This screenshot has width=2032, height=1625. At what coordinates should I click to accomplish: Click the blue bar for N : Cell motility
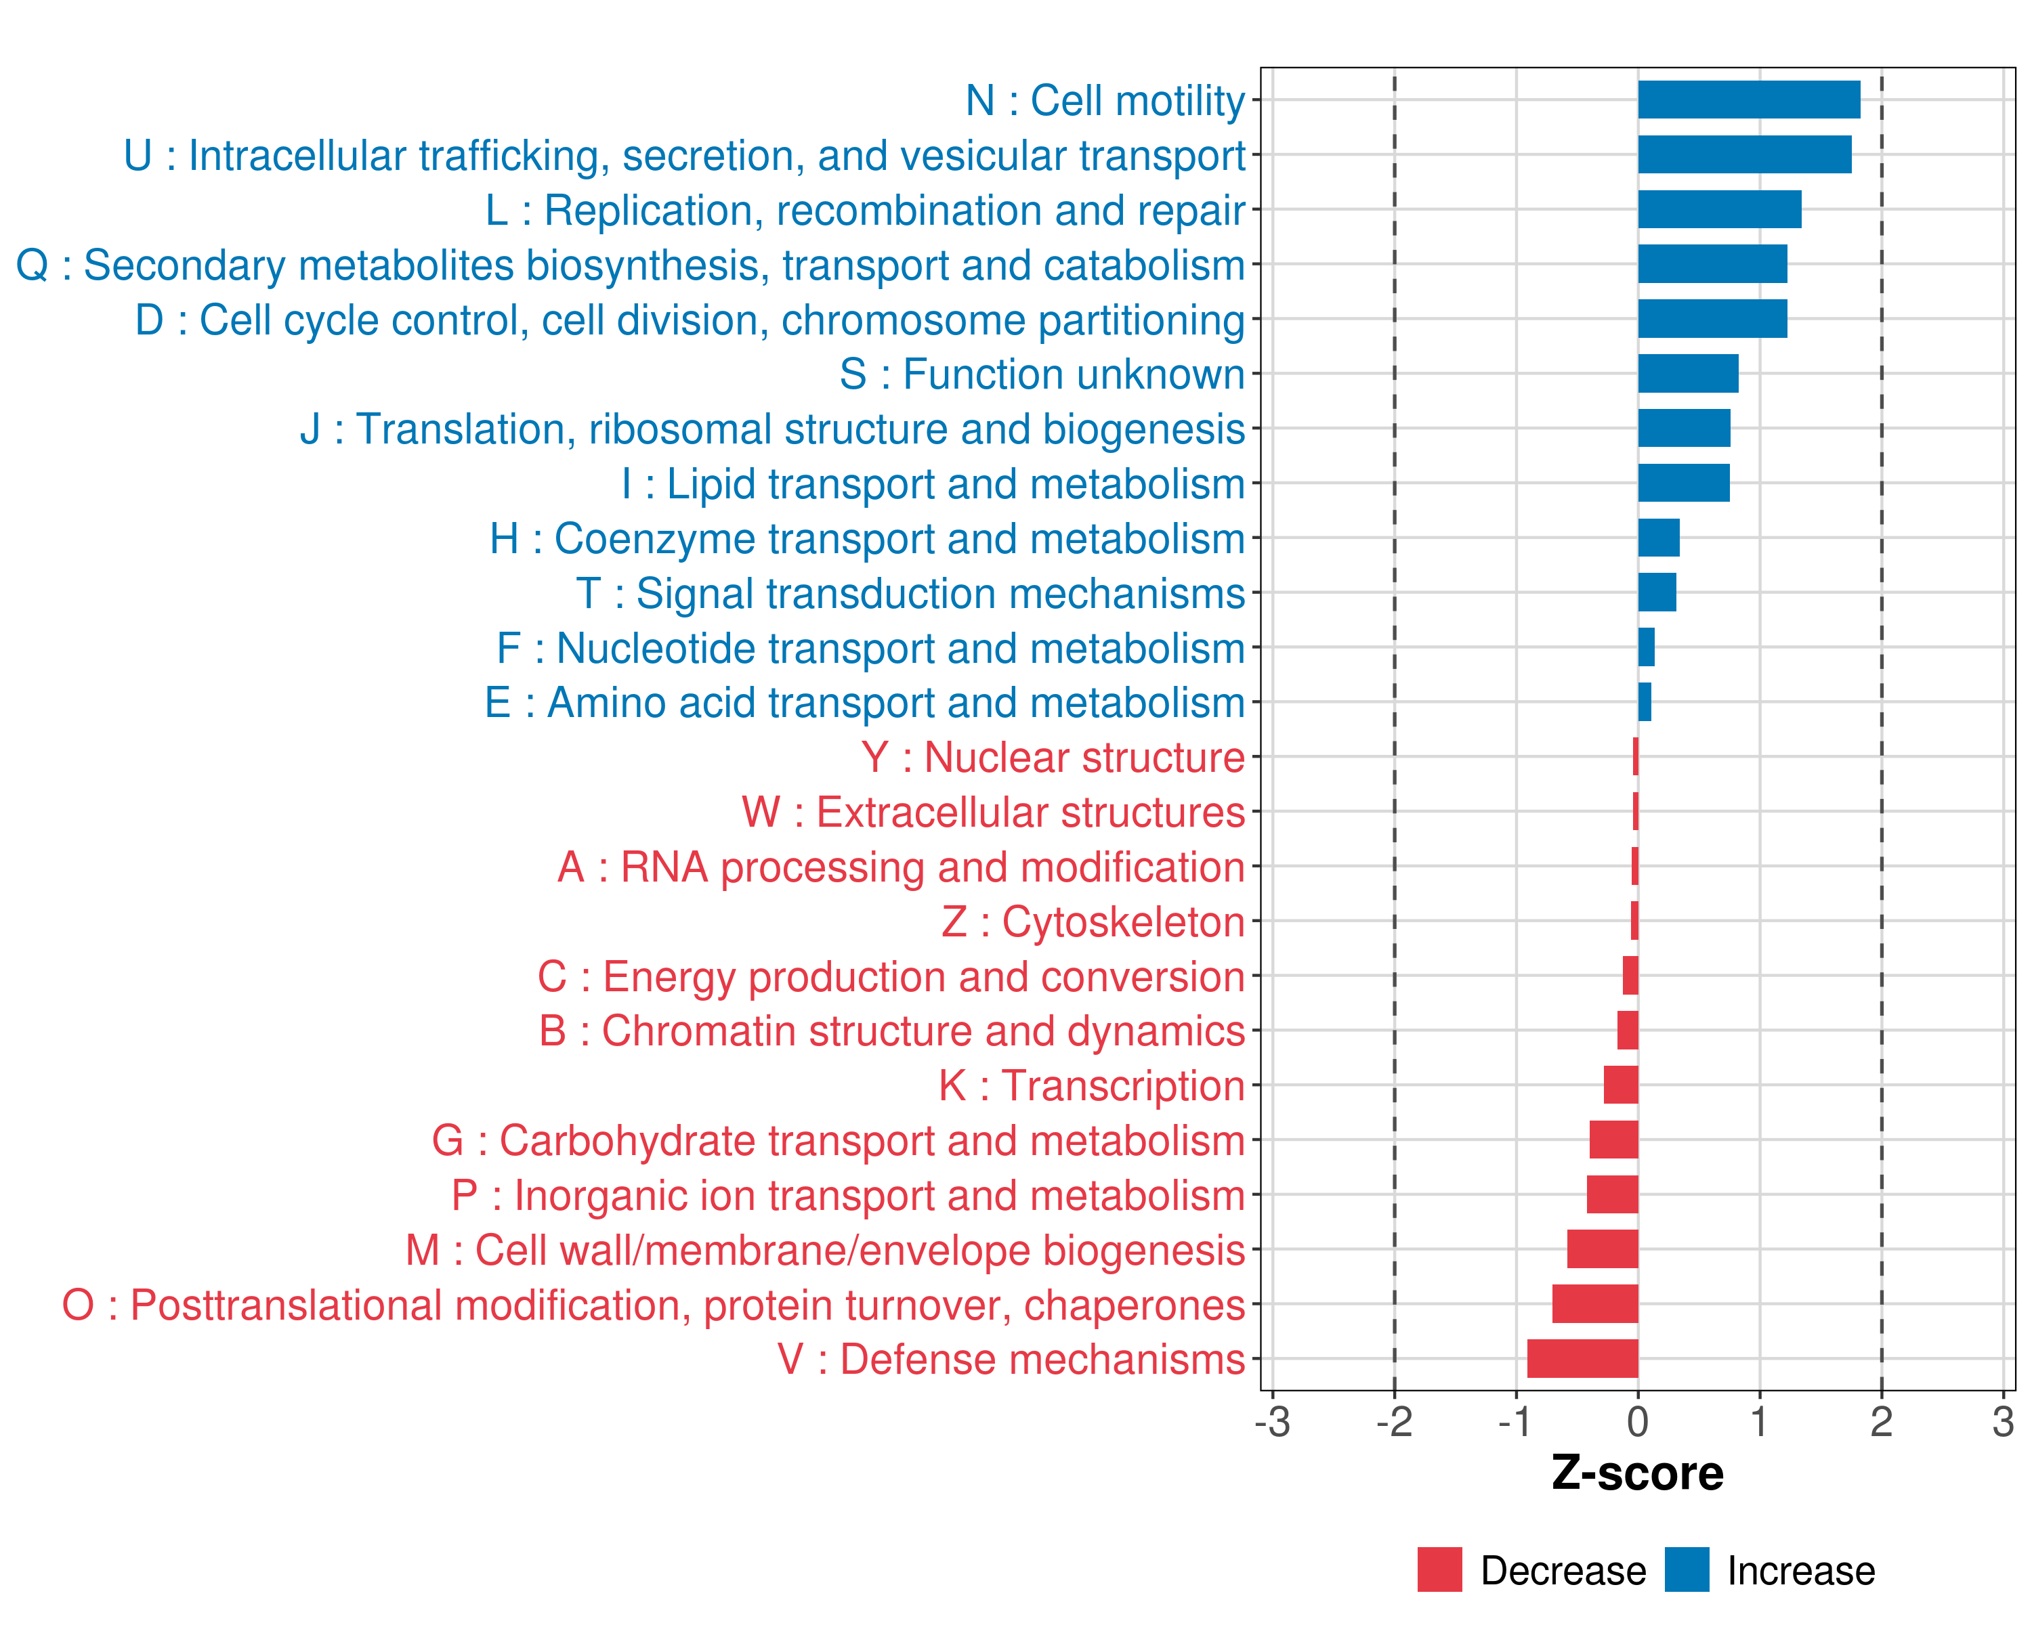tap(1748, 100)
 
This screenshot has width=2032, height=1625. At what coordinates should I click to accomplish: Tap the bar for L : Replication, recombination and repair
tap(1719, 209)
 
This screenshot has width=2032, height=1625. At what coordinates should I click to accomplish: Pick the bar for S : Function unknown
tap(1688, 374)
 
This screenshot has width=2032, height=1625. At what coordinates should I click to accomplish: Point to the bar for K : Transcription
tap(1621, 1085)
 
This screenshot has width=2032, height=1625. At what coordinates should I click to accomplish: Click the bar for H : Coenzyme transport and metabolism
tap(1659, 538)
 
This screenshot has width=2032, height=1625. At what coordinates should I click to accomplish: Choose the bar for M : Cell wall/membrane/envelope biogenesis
tap(1602, 1249)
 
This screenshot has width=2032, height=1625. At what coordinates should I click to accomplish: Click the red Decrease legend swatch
tap(1439, 1569)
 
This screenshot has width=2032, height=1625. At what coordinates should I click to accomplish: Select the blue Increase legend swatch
tap(1686, 1569)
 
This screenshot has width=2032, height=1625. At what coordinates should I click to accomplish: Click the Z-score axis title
tap(1637, 1473)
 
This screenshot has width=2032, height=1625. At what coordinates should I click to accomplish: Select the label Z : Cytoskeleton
tap(1093, 922)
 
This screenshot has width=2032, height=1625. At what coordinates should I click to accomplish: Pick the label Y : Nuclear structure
tap(1053, 758)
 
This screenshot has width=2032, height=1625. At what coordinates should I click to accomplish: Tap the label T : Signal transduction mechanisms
tap(910, 594)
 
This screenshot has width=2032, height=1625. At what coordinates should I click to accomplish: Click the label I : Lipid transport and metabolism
tap(933, 484)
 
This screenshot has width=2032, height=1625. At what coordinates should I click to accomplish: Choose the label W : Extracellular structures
tap(994, 812)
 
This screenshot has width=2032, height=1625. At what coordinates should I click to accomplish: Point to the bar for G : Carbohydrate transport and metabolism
tap(1613, 1140)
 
